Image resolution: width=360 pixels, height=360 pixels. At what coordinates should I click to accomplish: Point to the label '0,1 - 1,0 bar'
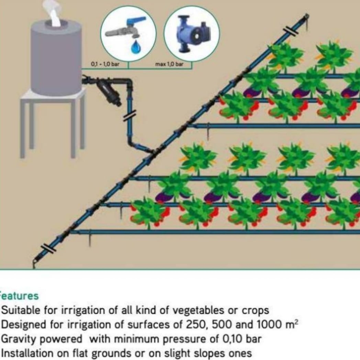pos(105,64)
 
